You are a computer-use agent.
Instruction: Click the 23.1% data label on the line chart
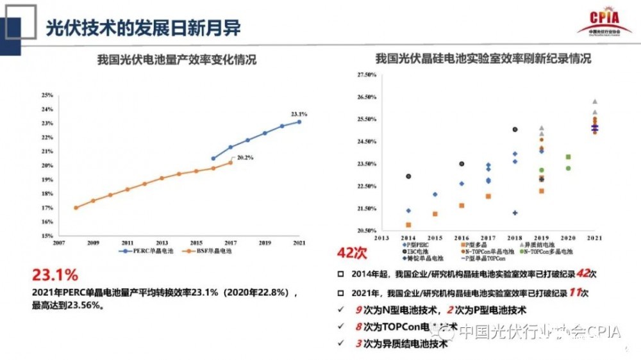(299, 114)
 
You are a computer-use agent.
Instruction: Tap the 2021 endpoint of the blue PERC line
(299, 122)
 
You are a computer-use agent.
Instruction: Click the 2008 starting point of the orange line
(76, 208)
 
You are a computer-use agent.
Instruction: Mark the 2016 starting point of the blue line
(213, 158)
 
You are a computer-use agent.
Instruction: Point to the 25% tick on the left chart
(47, 95)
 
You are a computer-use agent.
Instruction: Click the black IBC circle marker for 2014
(408, 176)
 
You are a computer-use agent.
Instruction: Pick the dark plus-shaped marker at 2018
(515, 213)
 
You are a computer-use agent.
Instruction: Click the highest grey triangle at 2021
(594, 101)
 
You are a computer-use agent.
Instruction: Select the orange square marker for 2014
(408, 225)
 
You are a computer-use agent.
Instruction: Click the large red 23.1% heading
(54, 275)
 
